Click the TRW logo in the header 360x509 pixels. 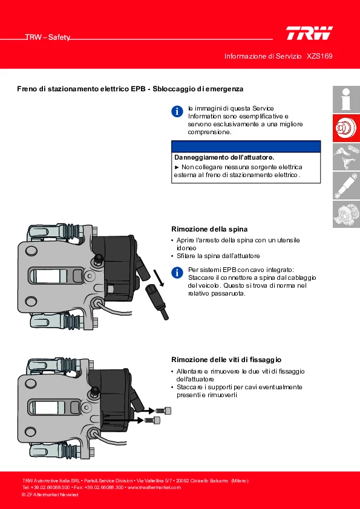tap(309, 33)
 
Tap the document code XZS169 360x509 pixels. tap(319, 56)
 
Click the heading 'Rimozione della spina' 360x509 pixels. tap(209, 229)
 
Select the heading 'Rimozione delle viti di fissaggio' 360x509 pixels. tap(226, 360)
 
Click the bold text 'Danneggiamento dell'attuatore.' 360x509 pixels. tap(224, 157)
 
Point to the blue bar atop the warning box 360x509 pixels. tap(246, 146)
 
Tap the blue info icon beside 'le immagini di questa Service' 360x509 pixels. tap(177, 111)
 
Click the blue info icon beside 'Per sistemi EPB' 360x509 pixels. tap(177, 273)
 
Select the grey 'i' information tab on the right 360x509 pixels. tap(346, 99)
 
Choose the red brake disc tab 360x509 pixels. tap(346, 128)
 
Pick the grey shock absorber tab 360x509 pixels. tap(346, 186)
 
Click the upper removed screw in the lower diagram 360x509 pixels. tap(163, 410)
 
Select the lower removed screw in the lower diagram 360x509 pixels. tap(152, 420)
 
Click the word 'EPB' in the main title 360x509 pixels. tap(138, 89)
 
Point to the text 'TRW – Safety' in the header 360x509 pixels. tap(48, 37)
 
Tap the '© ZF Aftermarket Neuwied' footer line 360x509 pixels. tap(50, 494)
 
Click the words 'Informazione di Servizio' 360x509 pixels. tap(263, 56)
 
